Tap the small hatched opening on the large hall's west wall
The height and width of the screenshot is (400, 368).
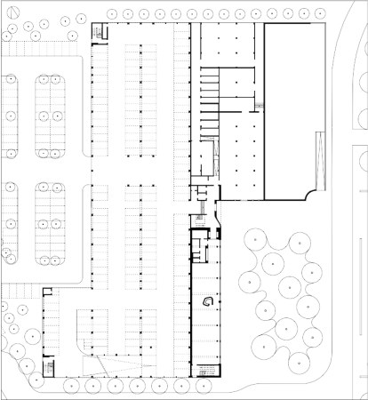coord(260,106)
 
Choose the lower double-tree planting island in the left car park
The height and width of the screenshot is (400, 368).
coord(49,224)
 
